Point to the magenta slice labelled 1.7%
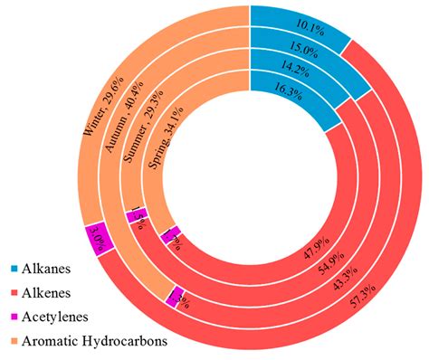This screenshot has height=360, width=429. pyautogui.click(x=170, y=237)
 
